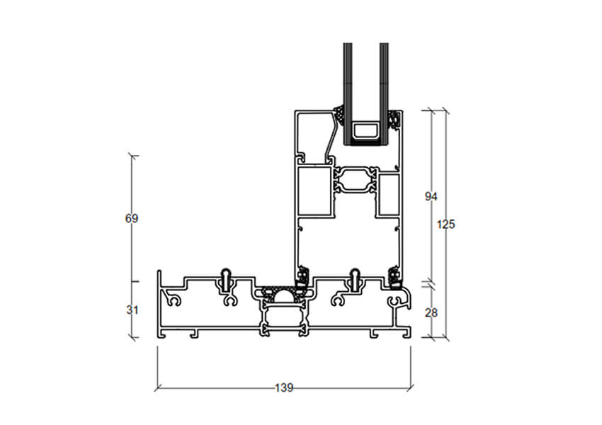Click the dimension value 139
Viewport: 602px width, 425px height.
[284, 387]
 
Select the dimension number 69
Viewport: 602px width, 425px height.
[131, 218]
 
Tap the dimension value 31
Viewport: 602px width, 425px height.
[132, 310]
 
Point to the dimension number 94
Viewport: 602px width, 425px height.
[431, 197]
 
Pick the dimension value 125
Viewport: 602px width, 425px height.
[445, 225]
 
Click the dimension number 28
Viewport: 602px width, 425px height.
[431, 313]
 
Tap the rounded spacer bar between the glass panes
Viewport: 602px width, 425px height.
[366, 131]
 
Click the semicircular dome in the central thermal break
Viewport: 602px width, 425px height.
[284, 295]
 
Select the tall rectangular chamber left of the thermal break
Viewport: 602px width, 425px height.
[314, 191]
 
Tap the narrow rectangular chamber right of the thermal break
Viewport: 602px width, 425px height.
[389, 194]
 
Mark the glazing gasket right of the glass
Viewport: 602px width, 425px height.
[394, 119]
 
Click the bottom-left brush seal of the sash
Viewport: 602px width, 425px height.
[303, 276]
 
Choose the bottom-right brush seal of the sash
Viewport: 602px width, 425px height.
[394, 276]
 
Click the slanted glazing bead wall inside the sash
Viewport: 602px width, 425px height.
[332, 135]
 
